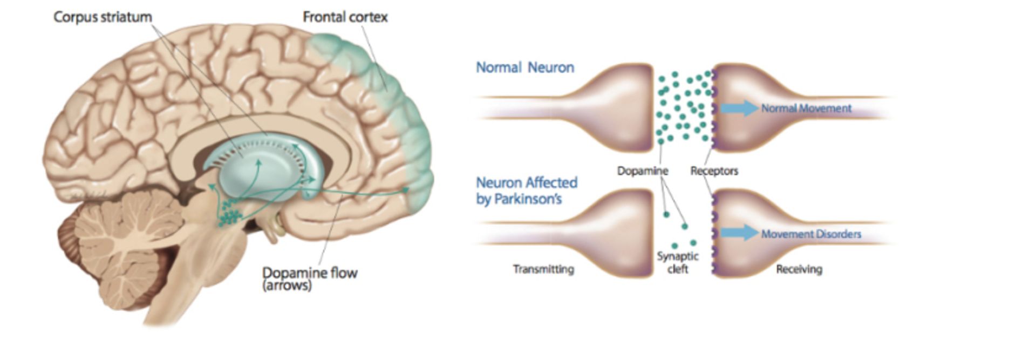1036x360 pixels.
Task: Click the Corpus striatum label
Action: tap(103, 17)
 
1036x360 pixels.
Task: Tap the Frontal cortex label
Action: tap(345, 17)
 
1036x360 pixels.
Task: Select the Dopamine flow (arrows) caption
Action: tap(309, 278)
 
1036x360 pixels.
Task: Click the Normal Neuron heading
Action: tap(524, 67)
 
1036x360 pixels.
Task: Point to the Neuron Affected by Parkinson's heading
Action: tap(526, 191)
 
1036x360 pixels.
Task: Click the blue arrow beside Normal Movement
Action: tap(739, 108)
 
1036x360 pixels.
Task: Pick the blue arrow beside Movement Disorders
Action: tap(739, 233)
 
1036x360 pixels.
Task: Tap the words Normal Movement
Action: tap(806, 108)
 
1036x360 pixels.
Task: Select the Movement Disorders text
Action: tap(810, 234)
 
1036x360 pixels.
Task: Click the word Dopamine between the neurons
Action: tap(642, 171)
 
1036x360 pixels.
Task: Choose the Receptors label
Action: tap(714, 171)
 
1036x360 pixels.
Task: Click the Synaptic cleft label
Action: tap(678, 262)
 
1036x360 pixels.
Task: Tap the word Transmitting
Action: tap(543, 269)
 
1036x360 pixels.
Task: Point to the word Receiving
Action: tap(799, 269)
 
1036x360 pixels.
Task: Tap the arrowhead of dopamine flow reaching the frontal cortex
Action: tap(406, 190)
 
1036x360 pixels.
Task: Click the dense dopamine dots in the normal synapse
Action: tap(683, 108)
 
